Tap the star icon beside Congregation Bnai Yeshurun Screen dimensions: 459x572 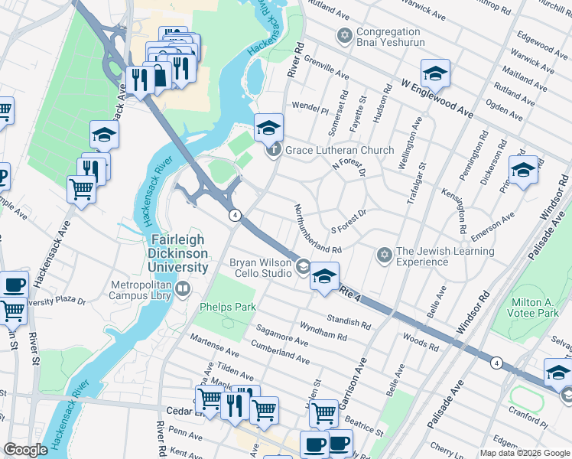click(x=345, y=36)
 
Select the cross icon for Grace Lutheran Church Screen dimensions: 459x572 click(x=275, y=150)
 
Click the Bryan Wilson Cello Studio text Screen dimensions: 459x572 click(x=261, y=268)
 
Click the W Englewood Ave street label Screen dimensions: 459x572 click(x=436, y=97)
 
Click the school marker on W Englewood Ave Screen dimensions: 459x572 click(x=435, y=73)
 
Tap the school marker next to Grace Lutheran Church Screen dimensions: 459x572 click(x=268, y=128)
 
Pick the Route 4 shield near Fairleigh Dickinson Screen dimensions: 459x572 click(x=236, y=215)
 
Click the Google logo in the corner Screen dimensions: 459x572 click(x=25, y=450)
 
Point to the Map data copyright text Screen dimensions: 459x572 click(x=525, y=453)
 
